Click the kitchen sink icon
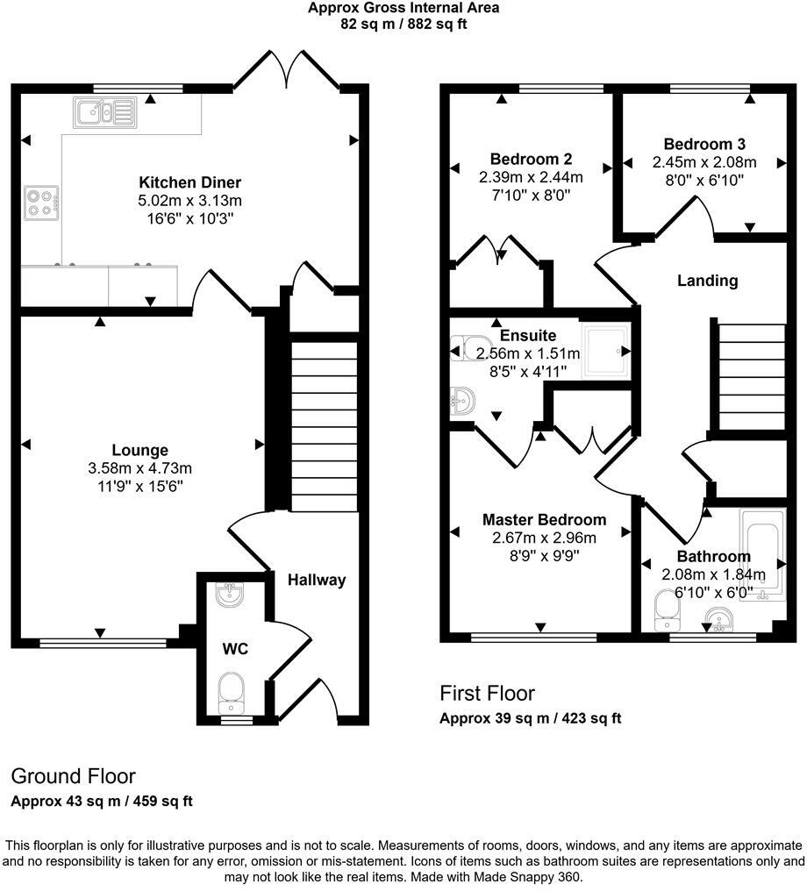(104, 111)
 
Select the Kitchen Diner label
(190, 182)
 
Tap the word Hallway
(317, 580)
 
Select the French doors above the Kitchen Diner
(289, 69)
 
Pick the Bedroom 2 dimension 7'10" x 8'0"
(532, 194)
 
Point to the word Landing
(707, 281)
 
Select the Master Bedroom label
(544, 520)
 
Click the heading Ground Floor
(74, 776)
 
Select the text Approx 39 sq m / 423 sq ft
(530, 718)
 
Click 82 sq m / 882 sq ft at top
(403, 25)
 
